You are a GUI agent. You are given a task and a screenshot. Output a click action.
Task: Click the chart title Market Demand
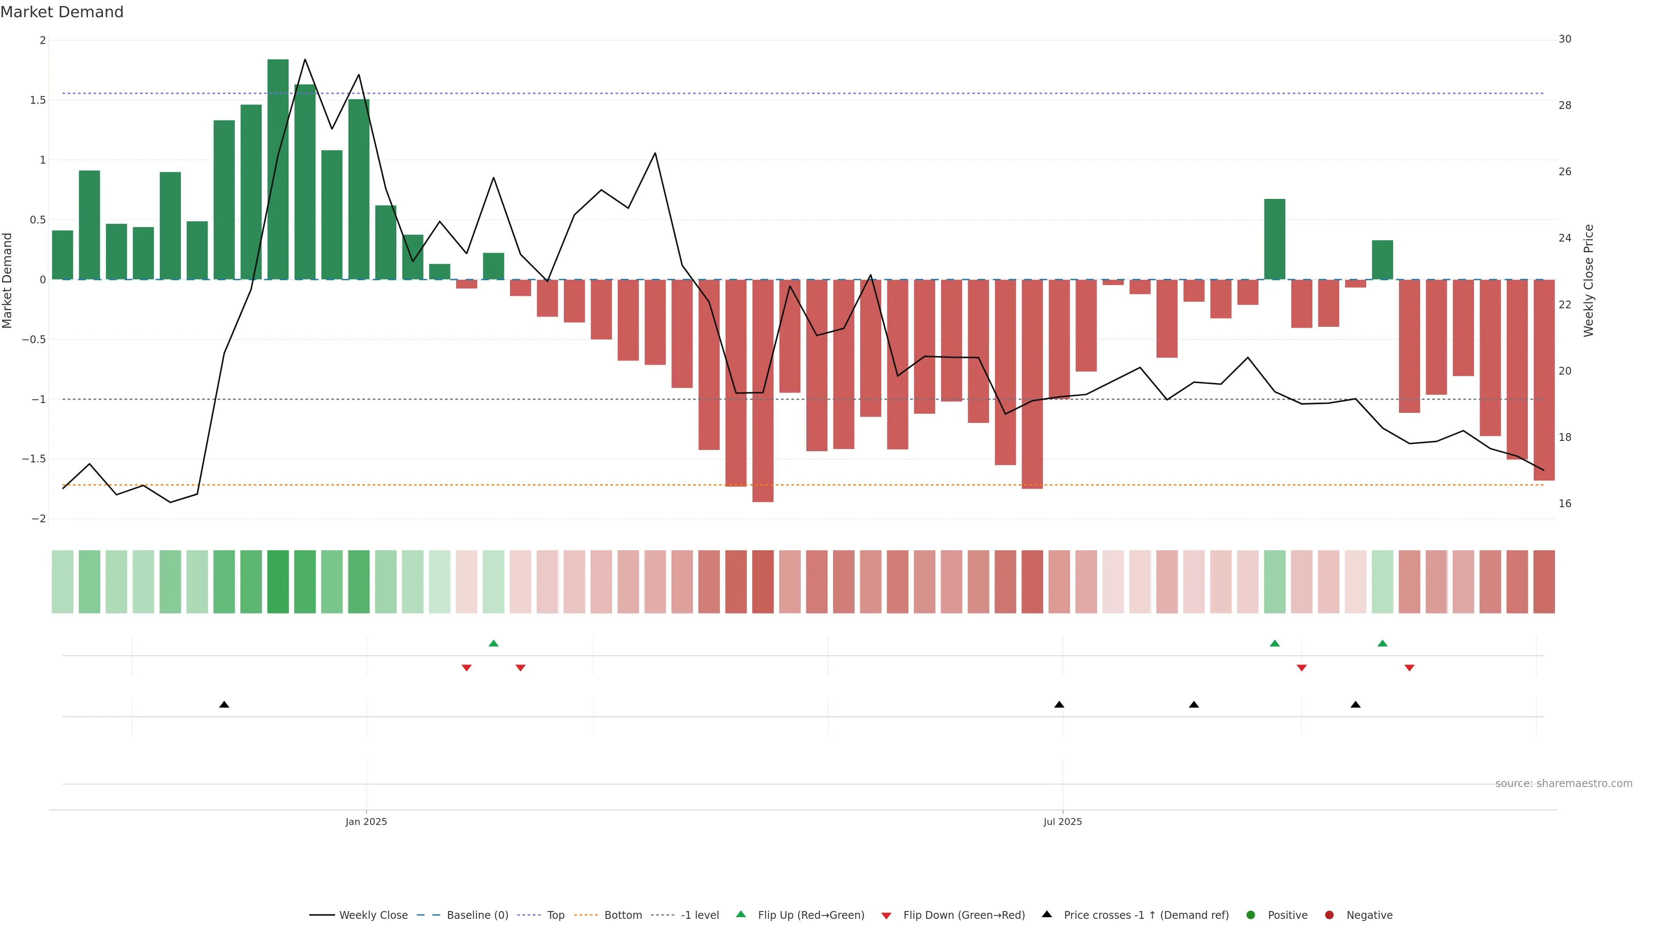[x=62, y=12]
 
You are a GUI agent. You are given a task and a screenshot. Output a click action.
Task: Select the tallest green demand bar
[x=277, y=169]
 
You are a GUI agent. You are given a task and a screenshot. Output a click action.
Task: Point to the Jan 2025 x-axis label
[x=366, y=821]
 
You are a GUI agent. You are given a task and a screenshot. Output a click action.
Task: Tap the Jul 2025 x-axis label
[x=1062, y=821]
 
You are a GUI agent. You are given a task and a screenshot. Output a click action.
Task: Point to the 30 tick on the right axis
[x=1565, y=39]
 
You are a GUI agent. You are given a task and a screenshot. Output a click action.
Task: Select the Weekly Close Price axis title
[x=1589, y=280]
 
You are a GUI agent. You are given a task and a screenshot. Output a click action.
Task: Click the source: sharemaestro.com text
[x=1564, y=784]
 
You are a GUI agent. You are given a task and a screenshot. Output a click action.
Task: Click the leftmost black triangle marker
[x=224, y=705]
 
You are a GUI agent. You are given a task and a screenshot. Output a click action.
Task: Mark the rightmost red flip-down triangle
[x=1409, y=668]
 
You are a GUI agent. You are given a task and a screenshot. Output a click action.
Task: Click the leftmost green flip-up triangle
[x=493, y=643]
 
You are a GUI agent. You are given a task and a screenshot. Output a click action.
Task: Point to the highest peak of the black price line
[x=305, y=60]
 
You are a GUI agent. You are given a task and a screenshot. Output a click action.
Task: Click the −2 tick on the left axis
[x=38, y=518]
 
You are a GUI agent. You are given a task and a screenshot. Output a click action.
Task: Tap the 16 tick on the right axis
[x=1565, y=504]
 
